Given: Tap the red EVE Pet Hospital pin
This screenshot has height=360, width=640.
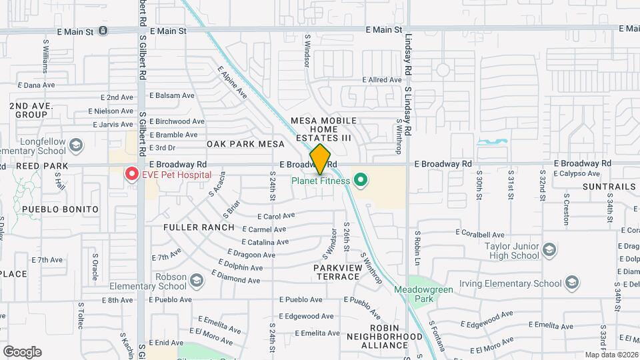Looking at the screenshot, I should point(132,175).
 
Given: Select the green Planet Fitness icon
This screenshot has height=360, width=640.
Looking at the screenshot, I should point(361,180).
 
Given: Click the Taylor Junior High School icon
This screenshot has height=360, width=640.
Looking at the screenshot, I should point(549,250).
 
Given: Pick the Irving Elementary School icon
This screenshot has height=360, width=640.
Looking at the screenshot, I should point(571,284).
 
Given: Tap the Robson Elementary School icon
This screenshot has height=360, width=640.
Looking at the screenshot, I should point(196,281).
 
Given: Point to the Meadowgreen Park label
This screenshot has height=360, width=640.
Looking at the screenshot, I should point(417,294).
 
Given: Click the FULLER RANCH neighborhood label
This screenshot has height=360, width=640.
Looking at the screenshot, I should point(199,227).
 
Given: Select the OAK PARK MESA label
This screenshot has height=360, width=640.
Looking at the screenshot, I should point(241,144).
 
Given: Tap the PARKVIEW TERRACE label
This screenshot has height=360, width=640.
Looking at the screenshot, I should point(338,272).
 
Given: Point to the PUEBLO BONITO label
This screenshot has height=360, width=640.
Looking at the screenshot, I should point(60,209).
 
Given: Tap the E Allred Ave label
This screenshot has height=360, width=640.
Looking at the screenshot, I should point(382,80).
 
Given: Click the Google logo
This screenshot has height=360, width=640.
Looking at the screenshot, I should point(22,352).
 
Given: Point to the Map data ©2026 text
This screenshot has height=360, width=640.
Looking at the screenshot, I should point(611,355).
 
